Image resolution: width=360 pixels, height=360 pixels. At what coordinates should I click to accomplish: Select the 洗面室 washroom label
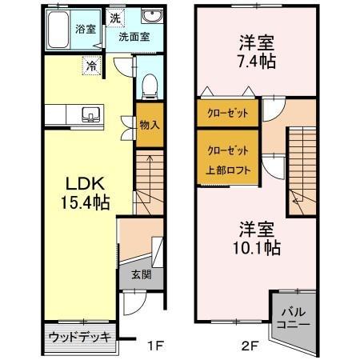tap(134, 37)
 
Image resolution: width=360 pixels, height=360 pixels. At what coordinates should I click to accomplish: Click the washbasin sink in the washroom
tap(150, 18)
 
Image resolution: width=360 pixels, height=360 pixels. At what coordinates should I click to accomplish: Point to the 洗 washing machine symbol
tap(115, 18)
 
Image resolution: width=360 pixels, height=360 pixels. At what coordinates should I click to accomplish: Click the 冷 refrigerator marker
tap(93, 66)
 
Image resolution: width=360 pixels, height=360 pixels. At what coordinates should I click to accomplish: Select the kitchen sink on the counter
tap(90, 115)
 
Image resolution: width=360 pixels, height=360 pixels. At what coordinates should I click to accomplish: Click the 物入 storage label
tap(149, 125)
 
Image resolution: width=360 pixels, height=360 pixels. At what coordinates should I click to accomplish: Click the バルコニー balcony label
tap(294, 318)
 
